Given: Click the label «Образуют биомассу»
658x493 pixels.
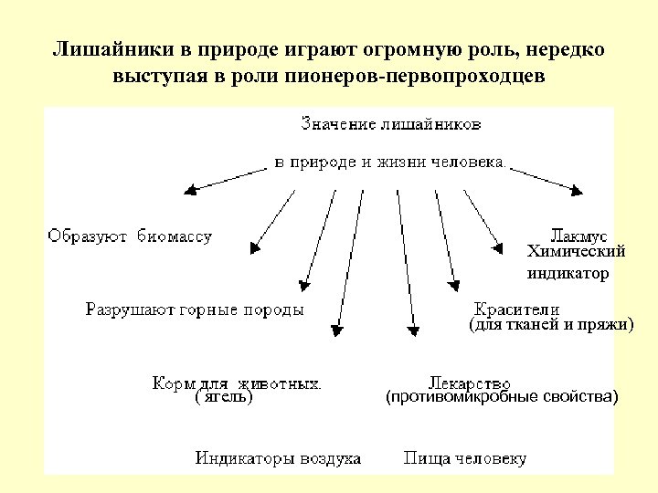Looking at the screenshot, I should tap(129, 236).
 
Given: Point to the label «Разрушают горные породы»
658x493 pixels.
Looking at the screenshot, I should tap(195, 310).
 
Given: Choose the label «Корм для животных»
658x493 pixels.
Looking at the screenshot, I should tap(236, 383).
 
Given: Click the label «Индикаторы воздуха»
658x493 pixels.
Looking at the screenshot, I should tap(278, 458).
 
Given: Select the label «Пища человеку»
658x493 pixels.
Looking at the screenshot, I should tap(465, 458).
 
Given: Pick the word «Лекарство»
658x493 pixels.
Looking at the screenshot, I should tap(469, 383).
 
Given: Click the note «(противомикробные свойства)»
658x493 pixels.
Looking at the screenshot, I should tap(502, 397).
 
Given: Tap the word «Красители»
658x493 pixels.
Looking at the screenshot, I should tap(516, 309).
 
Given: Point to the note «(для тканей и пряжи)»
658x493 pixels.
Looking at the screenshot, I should tap(550, 324).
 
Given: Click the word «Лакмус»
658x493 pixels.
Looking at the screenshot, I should tap(578, 236).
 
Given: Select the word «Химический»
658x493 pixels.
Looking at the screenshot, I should tap(577, 251).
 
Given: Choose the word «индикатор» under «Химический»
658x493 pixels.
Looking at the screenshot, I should tap(568, 272).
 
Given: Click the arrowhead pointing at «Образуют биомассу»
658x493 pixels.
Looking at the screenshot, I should tap(191, 191).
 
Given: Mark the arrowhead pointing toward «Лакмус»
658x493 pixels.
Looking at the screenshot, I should tap(498, 246).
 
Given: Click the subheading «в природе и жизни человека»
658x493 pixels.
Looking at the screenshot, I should tap(389, 163).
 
